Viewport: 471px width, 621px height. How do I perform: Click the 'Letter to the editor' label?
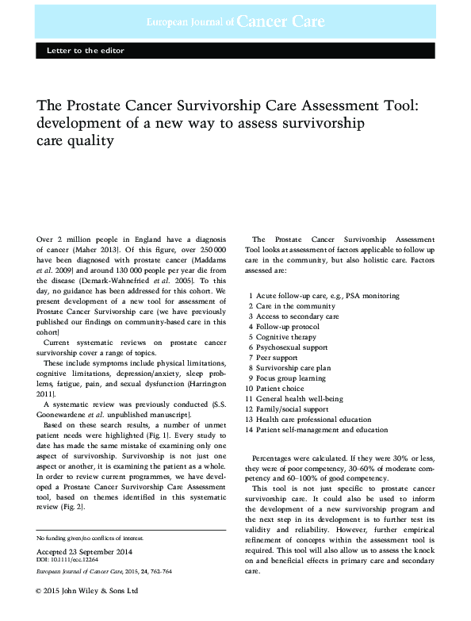(80, 51)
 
